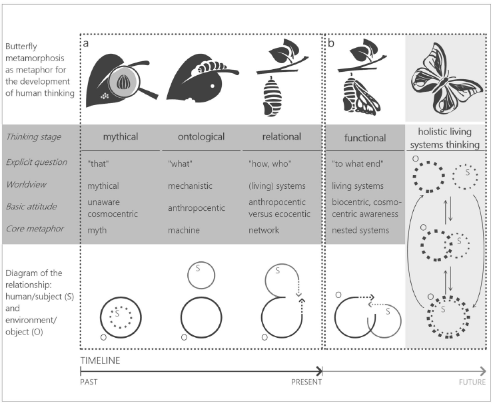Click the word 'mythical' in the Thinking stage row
pyautogui.click(x=120, y=138)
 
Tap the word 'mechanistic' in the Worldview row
pyautogui.click(x=191, y=186)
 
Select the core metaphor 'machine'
pyautogui.click(x=184, y=229)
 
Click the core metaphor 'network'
pyautogui.click(x=262, y=229)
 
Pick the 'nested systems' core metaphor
pyautogui.click(x=360, y=229)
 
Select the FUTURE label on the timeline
pyautogui.click(x=472, y=382)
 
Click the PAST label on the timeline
pyautogui.click(x=89, y=382)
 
